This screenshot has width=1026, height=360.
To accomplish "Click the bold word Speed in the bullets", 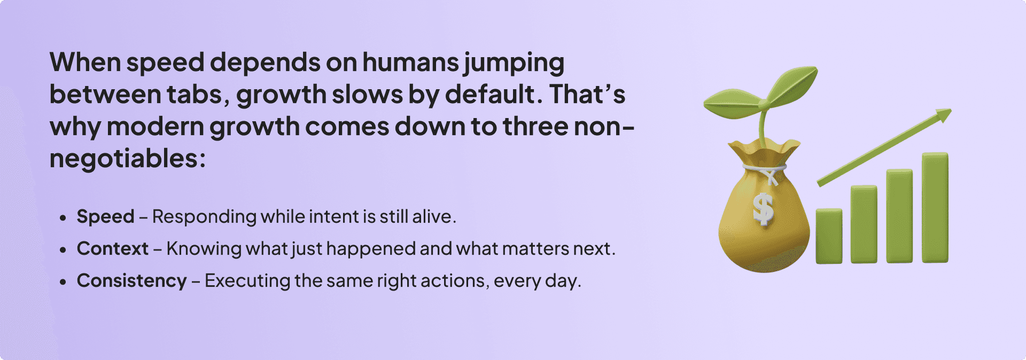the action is click(x=105, y=217).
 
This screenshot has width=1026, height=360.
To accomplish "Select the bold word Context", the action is click(x=113, y=249).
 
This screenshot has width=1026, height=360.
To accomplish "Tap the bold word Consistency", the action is click(x=132, y=281).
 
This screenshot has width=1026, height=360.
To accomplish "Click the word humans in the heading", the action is click(x=410, y=62).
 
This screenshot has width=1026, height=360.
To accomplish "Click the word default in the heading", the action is click(x=490, y=95).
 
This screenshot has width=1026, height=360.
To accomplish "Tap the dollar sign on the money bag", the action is click(x=763, y=208).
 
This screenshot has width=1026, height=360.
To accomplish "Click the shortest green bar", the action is click(x=829, y=236).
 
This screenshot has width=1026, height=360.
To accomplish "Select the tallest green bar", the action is click(x=935, y=207).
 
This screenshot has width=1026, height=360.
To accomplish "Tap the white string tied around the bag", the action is click(x=764, y=170).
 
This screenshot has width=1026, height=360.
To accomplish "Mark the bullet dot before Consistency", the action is click(x=63, y=281).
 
